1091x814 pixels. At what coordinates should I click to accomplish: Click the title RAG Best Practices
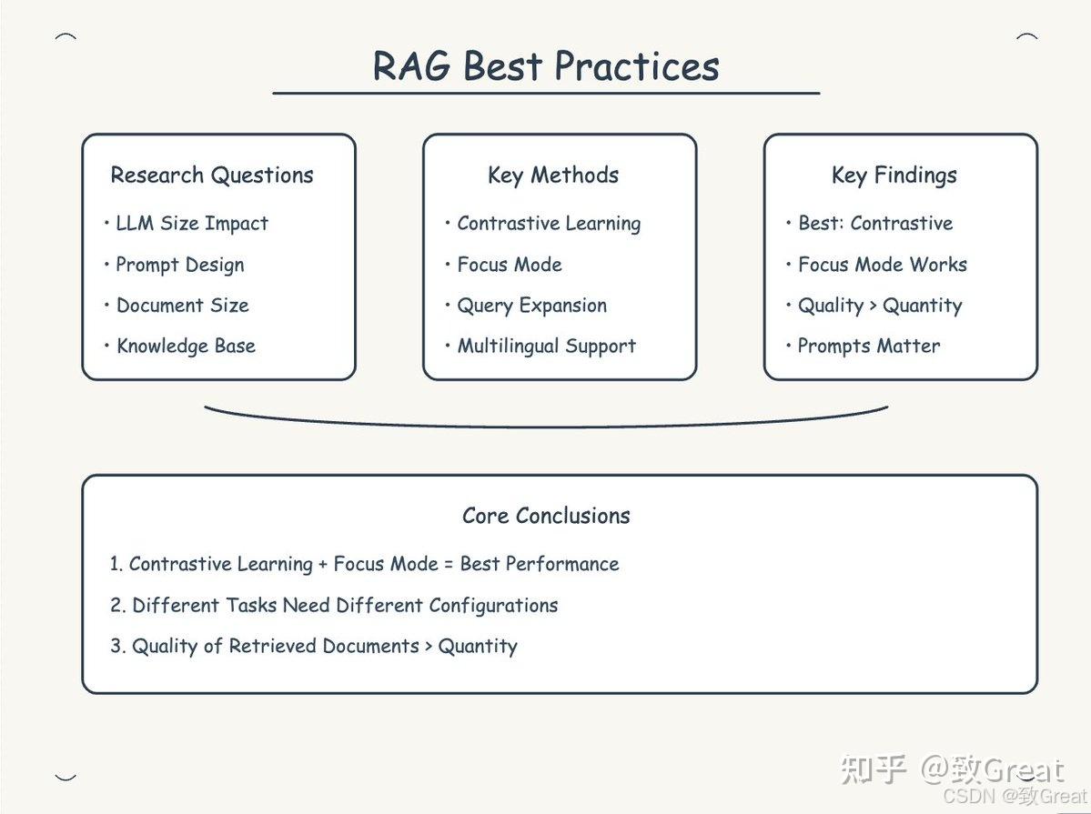coord(546,66)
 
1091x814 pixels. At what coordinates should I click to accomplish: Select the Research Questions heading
coord(212,176)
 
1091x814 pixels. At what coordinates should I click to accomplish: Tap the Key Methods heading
coord(553,176)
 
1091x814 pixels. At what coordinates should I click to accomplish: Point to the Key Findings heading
coord(894,176)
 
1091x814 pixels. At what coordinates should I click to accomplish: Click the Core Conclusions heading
coord(546,516)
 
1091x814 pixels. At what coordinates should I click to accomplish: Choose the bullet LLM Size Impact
coord(192,224)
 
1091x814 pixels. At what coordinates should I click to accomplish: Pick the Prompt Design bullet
coord(179,265)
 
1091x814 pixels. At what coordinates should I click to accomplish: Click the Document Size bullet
coord(182,306)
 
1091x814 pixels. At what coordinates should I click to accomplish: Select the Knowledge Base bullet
coord(186,347)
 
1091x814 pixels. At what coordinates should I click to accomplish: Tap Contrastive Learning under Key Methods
coord(549,224)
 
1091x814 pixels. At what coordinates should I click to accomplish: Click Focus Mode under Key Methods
coord(510,265)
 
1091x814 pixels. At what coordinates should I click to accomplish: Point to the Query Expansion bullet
coord(531,306)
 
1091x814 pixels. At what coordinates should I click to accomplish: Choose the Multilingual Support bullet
coord(546,347)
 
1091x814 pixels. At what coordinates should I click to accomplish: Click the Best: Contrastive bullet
coord(875,224)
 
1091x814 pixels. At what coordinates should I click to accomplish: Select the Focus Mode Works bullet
coord(882,265)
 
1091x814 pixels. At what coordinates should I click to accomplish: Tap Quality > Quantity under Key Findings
coord(879,306)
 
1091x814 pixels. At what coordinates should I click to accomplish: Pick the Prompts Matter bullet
coord(868,347)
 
